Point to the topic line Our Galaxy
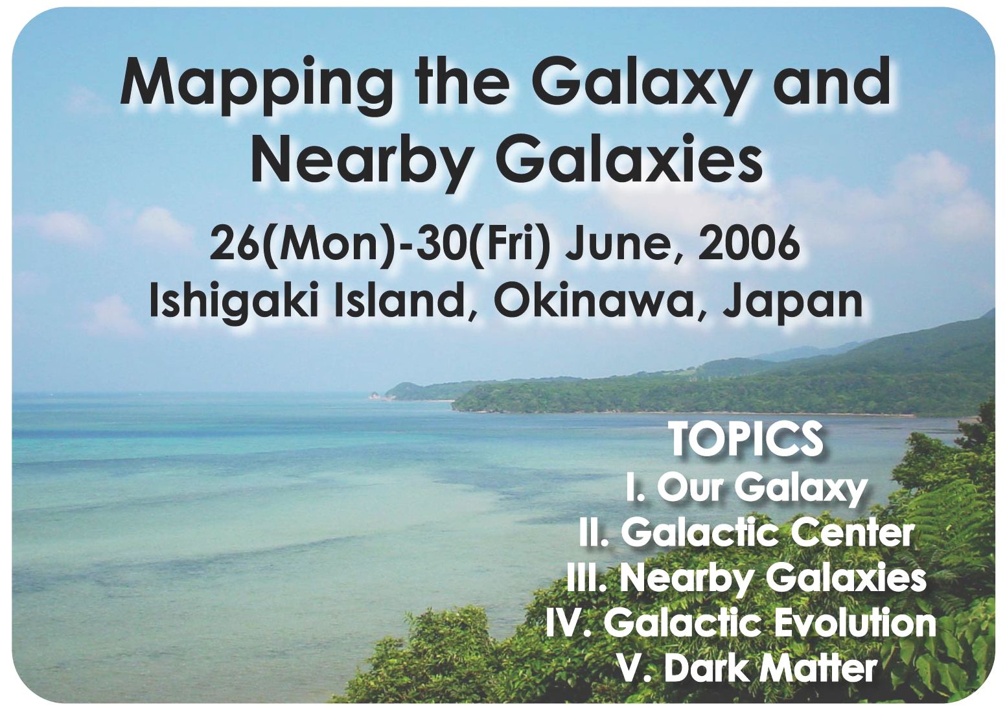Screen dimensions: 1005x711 [746, 488]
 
